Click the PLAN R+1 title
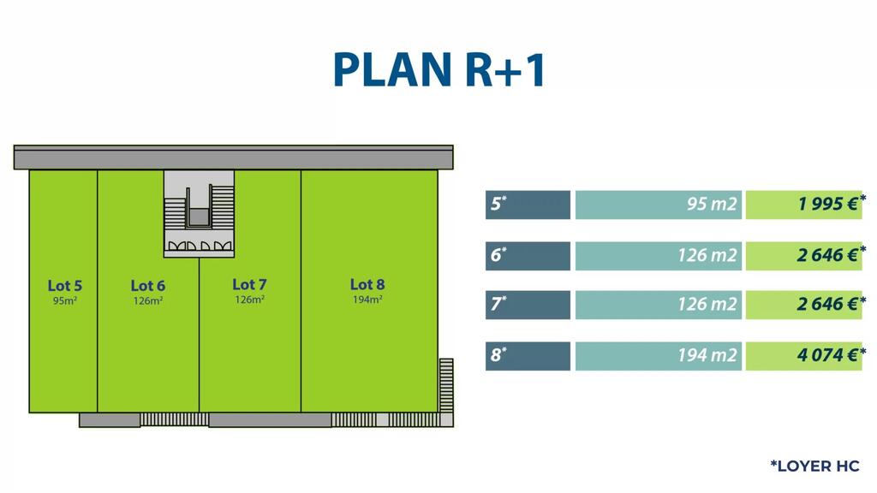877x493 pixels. click(x=438, y=70)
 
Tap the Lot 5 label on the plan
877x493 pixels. click(x=64, y=286)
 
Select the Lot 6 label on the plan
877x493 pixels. click(x=147, y=286)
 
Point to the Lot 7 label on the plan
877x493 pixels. click(x=249, y=284)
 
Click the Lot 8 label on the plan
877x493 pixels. click(x=367, y=284)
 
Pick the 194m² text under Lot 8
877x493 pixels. click(x=367, y=300)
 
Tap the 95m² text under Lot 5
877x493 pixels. click(x=64, y=300)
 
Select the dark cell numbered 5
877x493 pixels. click(x=528, y=205)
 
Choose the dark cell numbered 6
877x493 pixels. click(x=528, y=255)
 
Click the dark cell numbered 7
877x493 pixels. click(x=528, y=305)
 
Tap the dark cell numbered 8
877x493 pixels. click(x=528, y=355)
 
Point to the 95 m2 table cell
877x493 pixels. click(x=658, y=205)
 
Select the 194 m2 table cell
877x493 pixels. click(x=658, y=355)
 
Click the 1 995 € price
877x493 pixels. click(x=803, y=205)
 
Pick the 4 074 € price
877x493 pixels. click(x=803, y=355)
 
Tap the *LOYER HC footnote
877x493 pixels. click(x=814, y=466)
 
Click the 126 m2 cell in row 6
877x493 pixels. click(x=658, y=255)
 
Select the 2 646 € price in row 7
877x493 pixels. click(x=803, y=305)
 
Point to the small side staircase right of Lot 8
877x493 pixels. click(x=445, y=385)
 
